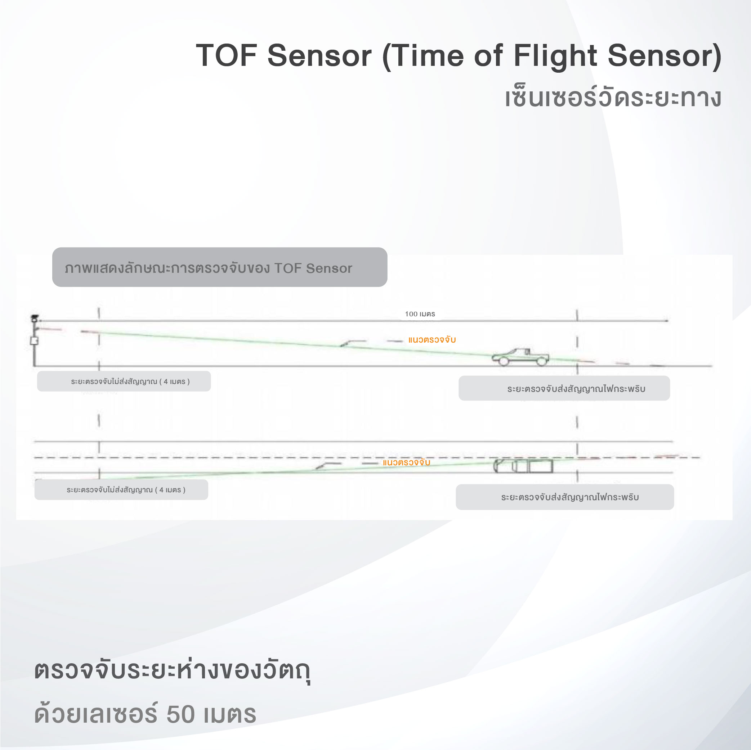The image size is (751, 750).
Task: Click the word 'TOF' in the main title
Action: pyautogui.click(x=226, y=55)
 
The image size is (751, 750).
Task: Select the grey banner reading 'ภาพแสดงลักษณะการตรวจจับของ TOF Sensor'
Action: pyautogui.click(x=220, y=267)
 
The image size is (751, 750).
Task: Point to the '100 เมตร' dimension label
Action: pyautogui.click(x=420, y=314)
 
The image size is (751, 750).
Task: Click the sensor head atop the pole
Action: pyautogui.click(x=35, y=318)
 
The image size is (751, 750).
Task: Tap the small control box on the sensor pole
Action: pyautogui.click(x=34, y=340)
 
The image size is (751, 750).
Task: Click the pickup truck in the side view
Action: pyautogui.click(x=520, y=357)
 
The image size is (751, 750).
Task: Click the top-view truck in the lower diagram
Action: pyautogui.click(x=523, y=466)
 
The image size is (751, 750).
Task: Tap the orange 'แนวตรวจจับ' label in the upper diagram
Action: pyautogui.click(x=432, y=339)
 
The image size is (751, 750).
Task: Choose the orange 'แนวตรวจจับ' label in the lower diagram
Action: pyautogui.click(x=406, y=462)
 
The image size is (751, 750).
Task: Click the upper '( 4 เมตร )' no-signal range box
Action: pyautogui.click(x=124, y=381)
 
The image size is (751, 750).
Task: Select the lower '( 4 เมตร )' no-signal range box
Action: pyautogui.click(x=121, y=490)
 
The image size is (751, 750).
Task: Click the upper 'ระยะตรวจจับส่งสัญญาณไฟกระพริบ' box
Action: pyautogui.click(x=564, y=388)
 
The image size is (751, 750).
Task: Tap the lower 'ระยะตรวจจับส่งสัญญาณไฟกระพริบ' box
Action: pyautogui.click(x=565, y=497)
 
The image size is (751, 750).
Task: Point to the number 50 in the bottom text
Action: pyautogui.click(x=180, y=714)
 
